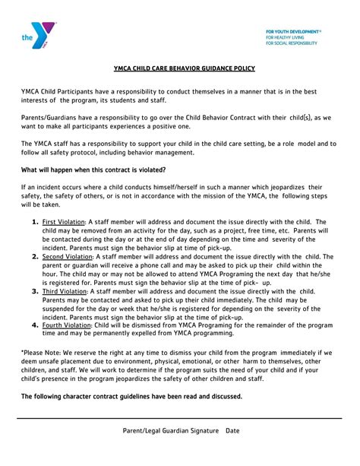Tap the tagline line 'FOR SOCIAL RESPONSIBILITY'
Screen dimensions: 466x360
click(292, 43)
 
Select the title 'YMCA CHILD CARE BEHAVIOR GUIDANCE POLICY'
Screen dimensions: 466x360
click(179, 68)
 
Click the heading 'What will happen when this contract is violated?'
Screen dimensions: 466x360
click(93, 170)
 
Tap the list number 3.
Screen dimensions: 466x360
click(35, 291)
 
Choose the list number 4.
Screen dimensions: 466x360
click(35, 325)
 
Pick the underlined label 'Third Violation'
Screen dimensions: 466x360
click(65, 291)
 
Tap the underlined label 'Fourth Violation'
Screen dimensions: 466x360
click(67, 325)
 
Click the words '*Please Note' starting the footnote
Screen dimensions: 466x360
click(41, 353)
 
